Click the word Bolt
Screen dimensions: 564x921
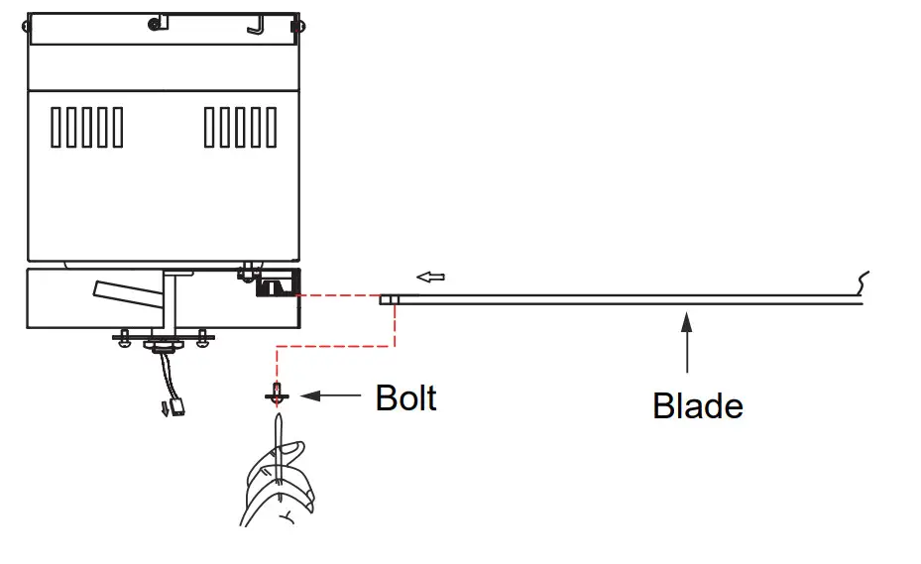tap(405, 397)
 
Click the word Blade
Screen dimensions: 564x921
tap(697, 405)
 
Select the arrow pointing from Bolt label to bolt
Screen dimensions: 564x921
tap(329, 396)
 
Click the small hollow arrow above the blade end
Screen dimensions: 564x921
tap(429, 277)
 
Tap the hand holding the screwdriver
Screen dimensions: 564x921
tap(282, 487)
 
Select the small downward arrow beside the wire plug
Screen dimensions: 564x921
tap(165, 409)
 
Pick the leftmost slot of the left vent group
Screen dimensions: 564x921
tap(58, 128)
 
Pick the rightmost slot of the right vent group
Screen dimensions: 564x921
tap(272, 128)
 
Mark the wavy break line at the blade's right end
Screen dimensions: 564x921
tap(862, 283)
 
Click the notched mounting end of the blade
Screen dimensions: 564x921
tap(389, 298)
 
